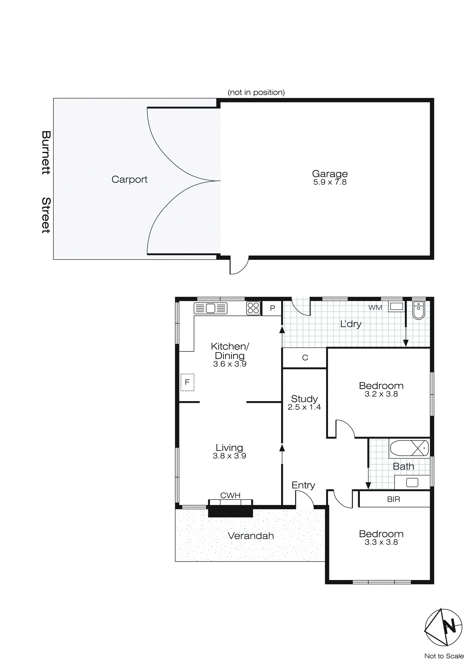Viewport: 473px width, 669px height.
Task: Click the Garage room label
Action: tap(330, 174)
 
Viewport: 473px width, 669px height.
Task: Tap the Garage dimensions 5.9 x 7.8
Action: tap(330, 182)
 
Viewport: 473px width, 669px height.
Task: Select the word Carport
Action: tap(129, 179)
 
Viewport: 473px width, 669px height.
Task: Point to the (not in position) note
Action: tap(256, 92)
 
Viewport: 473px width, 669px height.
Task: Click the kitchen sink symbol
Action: tap(210, 308)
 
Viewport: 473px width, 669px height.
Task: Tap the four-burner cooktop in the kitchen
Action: tap(253, 308)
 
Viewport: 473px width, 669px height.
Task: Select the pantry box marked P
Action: tap(272, 308)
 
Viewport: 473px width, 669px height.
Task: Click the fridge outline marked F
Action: tap(187, 382)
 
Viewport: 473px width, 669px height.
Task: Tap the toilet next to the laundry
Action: tap(419, 310)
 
